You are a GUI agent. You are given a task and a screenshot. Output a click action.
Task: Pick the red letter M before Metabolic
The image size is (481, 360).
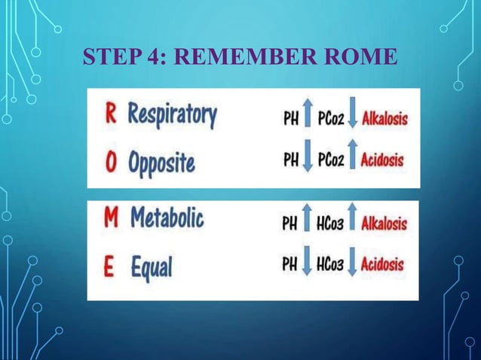(x=112, y=220)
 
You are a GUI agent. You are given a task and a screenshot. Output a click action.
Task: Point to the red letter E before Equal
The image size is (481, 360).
(x=110, y=266)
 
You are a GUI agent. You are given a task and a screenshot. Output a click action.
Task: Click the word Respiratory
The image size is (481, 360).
(x=172, y=117)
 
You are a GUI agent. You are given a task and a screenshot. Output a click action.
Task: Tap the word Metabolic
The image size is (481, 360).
(x=167, y=220)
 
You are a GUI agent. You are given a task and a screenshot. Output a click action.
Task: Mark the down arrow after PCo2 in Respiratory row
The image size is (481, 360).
(x=353, y=117)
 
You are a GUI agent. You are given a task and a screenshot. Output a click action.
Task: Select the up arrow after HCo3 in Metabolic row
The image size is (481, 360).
(x=352, y=222)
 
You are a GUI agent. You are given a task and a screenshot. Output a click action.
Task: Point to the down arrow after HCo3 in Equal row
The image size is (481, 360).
(x=351, y=264)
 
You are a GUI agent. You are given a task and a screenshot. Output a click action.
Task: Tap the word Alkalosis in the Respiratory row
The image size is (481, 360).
(x=384, y=118)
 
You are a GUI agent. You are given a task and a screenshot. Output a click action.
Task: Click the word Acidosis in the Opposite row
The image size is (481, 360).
(x=383, y=160)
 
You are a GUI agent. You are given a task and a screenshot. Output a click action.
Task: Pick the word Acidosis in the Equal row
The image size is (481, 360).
(x=382, y=264)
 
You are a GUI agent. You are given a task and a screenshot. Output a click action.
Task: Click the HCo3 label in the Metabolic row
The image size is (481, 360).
(x=329, y=223)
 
